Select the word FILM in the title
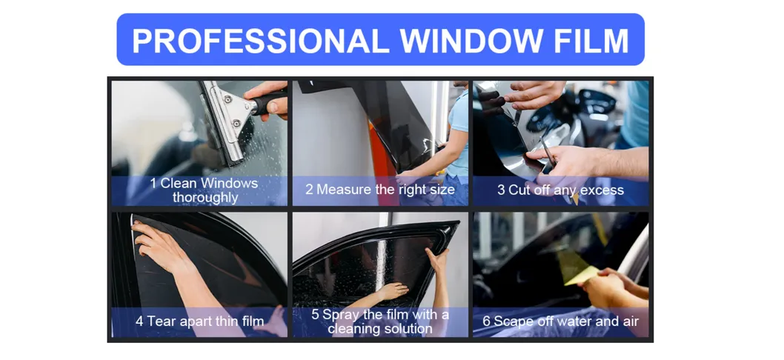[x=591, y=41]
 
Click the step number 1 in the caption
[x=153, y=183]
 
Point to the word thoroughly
[x=205, y=198]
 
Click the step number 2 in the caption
[x=309, y=190]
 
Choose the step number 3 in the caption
[x=501, y=190]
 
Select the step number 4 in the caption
[x=139, y=321]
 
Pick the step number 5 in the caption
[x=315, y=315]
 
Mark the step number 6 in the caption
[x=487, y=321]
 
